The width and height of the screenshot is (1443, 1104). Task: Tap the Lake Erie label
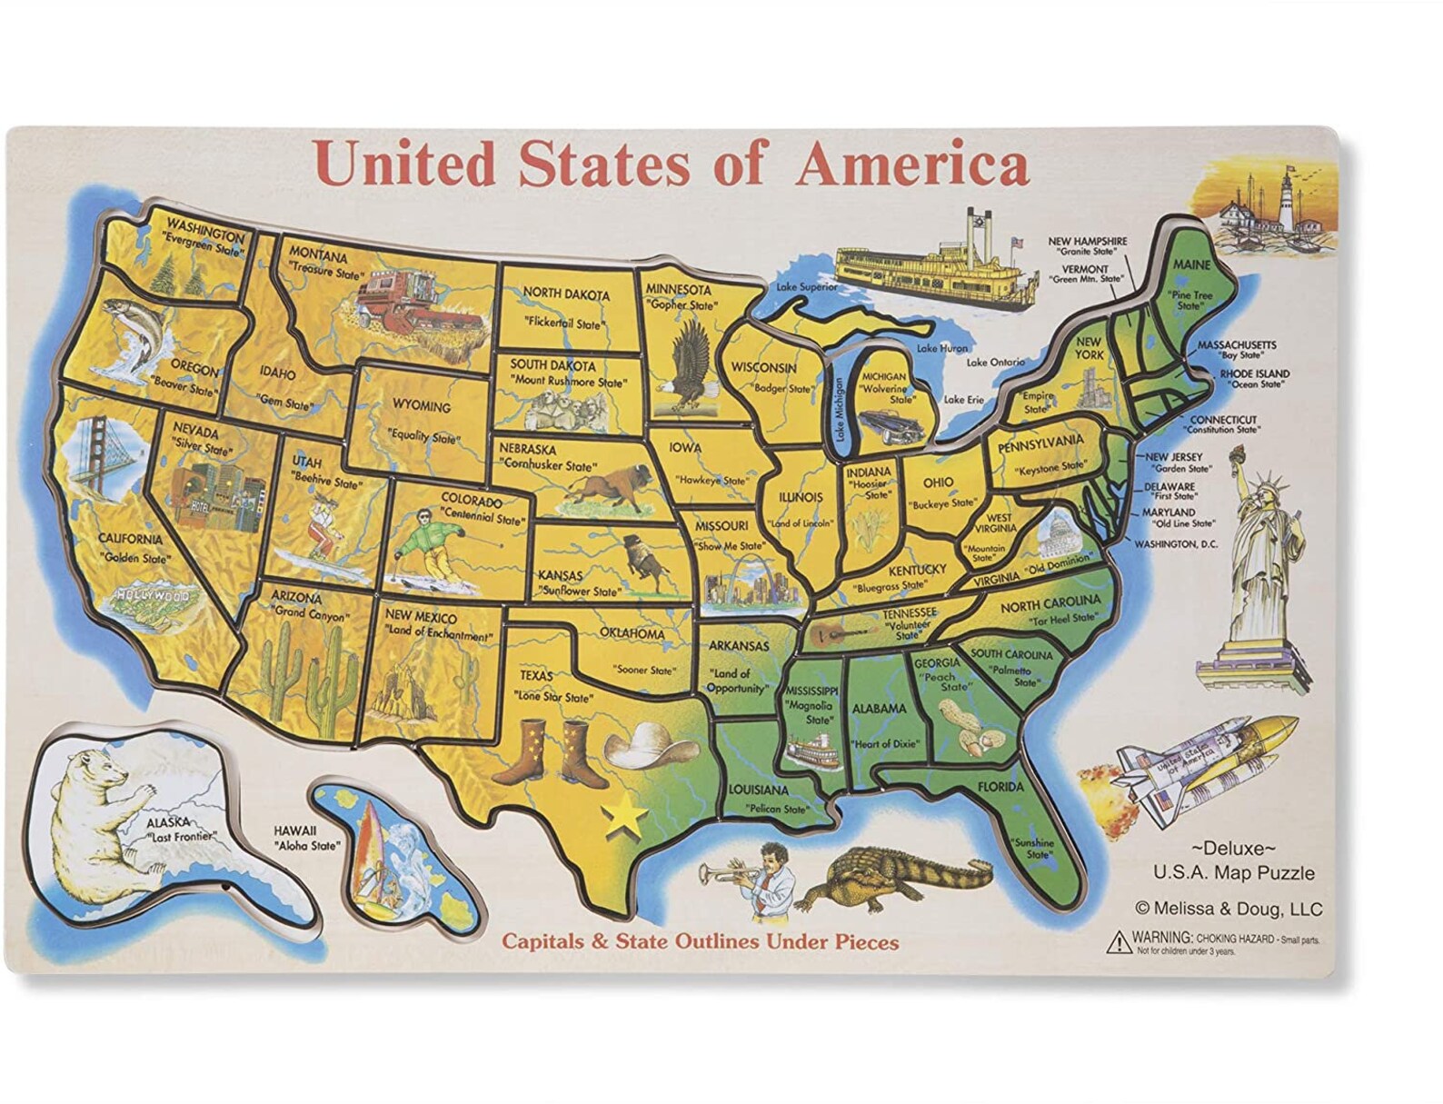click(x=963, y=400)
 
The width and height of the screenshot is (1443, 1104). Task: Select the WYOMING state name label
click(x=422, y=406)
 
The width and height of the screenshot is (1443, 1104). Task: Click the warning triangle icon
click(x=1116, y=940)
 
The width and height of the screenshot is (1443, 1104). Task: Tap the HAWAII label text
click(x=295, y=830)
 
